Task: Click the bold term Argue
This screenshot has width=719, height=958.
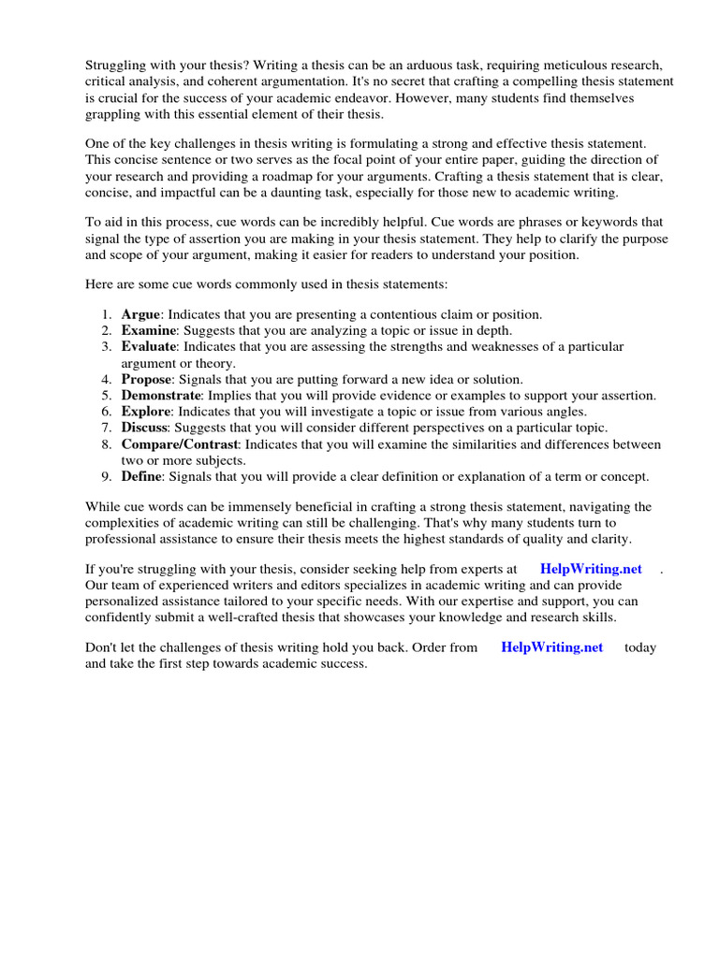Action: (141, 314)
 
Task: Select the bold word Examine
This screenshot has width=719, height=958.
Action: (149, 330)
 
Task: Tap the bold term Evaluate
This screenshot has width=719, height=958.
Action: (148, 347)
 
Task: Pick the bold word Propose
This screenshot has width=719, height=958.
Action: (147, 379)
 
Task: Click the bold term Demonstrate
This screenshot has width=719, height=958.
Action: (161, 396)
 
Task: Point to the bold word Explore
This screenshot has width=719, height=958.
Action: (146, 412)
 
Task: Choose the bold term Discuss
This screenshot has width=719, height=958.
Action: (145, 428)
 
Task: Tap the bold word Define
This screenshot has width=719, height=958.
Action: (141, 476)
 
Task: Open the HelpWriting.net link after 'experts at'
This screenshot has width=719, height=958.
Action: (592, 569)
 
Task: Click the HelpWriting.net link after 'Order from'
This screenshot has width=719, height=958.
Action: (552, 647)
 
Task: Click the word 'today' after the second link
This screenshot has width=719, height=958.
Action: (640, 647)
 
